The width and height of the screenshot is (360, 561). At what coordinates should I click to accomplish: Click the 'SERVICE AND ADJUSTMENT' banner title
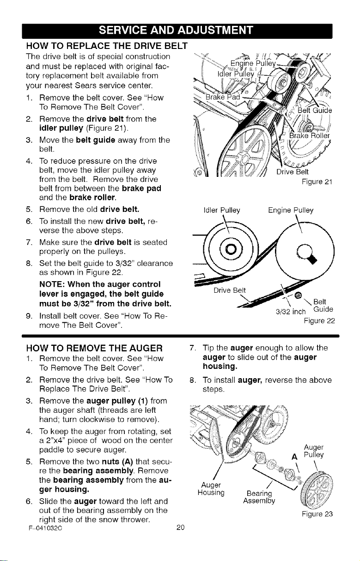point(176,30)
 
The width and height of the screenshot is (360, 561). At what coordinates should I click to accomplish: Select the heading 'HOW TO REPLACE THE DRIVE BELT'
point(107,46)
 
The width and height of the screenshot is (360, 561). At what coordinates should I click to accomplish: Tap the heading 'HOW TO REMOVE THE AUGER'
point(94,348)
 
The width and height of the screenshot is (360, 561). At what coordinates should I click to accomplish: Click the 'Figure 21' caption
point(317,181)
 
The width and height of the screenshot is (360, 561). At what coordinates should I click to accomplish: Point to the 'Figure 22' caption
point(319,321)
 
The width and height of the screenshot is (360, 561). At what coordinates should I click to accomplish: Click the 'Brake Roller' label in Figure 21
point(309,135)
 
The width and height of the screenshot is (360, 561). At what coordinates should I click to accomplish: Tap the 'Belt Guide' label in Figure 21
point(315,110)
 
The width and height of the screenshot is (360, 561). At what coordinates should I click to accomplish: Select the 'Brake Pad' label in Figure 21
point(223,97)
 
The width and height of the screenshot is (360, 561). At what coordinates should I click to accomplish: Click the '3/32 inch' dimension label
point(291,312)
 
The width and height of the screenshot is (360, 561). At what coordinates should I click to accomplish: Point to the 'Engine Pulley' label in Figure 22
point(291,210)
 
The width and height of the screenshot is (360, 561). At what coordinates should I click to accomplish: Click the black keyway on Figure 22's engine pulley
point(312,259)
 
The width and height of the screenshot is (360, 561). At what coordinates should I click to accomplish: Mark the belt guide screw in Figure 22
point(298,296)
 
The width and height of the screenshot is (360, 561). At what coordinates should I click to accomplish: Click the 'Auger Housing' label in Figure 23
point(211,489)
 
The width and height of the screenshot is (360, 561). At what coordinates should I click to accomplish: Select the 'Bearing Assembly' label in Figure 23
point(259,497)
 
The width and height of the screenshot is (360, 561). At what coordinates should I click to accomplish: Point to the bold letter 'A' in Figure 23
point(294,458)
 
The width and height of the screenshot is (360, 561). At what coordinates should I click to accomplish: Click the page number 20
point(180,527)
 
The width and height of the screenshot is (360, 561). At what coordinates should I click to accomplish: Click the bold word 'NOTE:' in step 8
point(52,284)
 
